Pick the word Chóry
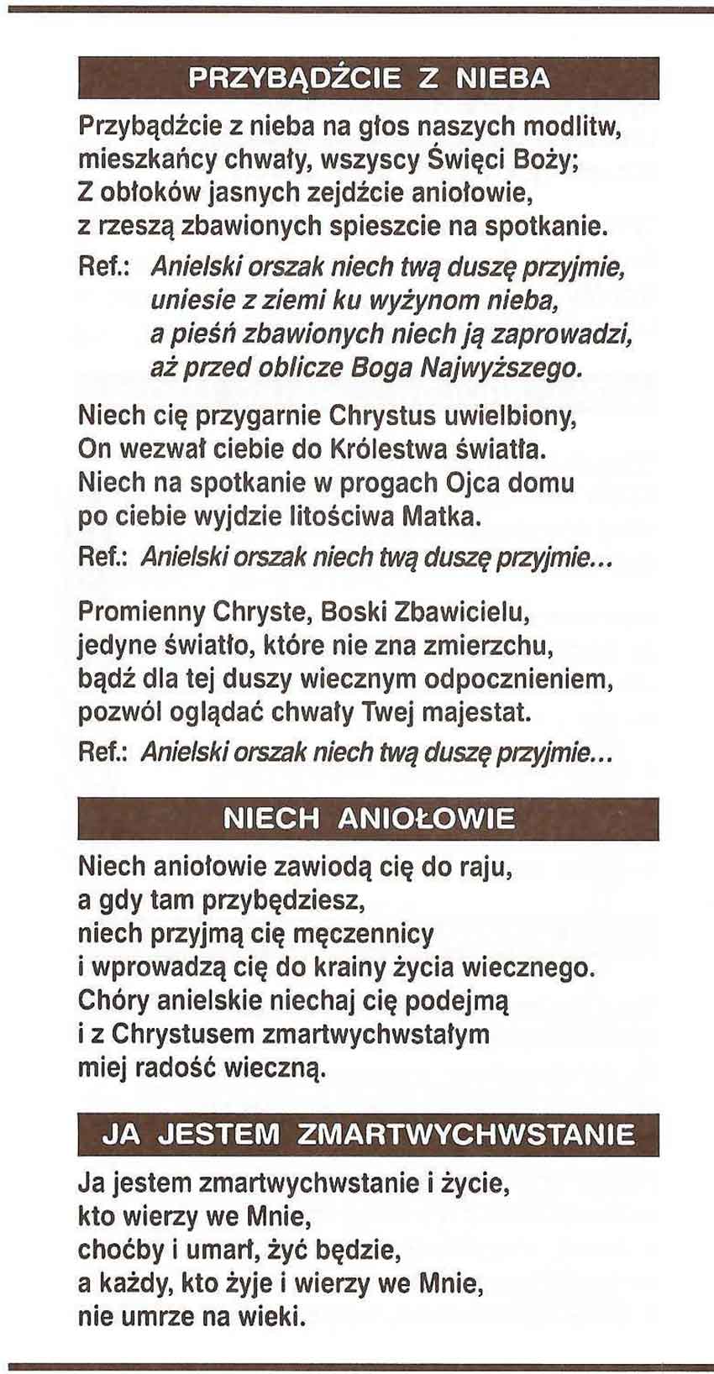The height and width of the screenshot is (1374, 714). [x=113, y=1000]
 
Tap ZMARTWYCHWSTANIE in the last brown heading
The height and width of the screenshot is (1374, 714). [x=466, y=1135]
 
